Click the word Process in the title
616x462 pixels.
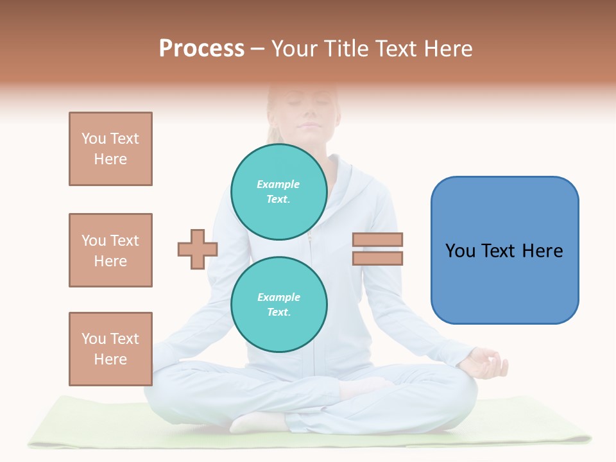(201, 49)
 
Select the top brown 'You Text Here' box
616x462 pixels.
(110, 149)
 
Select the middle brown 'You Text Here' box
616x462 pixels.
(110, 250)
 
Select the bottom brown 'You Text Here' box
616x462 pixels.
(110, 349)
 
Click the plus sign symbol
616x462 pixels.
(198, 249)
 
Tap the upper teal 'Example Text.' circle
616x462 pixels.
(279, 192)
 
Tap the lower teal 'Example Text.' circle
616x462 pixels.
(279, 305)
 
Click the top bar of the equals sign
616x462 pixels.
(377, 240)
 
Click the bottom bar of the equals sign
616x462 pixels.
(377, 258)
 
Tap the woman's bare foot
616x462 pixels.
(257, 422)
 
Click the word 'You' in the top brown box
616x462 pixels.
(94, 139)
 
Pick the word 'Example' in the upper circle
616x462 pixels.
(278, 184)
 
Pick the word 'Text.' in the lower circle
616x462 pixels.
(278, 312)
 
